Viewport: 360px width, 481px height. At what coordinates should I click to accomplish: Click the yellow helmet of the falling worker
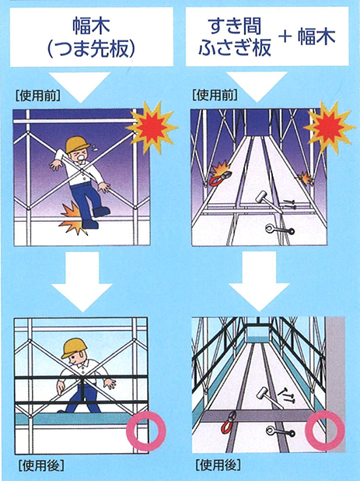77,144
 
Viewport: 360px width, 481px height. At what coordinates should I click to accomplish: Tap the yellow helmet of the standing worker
75,348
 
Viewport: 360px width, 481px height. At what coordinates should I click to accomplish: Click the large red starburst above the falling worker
152,126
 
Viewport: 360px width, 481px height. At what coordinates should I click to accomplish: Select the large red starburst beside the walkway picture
330,126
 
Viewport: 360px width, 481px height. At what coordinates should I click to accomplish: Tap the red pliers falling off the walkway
219,177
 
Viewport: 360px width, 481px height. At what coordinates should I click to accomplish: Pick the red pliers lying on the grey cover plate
228,422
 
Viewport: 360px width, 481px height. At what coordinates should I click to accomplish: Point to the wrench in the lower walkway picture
280,432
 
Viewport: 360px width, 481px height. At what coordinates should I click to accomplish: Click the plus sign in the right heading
285,37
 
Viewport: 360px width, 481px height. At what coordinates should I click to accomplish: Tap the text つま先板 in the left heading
91,48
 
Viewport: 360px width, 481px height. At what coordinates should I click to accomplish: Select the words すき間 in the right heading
236,26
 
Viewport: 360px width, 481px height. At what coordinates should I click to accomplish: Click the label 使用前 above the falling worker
37,96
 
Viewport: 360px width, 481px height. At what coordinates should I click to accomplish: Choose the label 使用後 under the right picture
218,465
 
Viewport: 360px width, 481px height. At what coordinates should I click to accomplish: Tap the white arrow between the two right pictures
259,281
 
